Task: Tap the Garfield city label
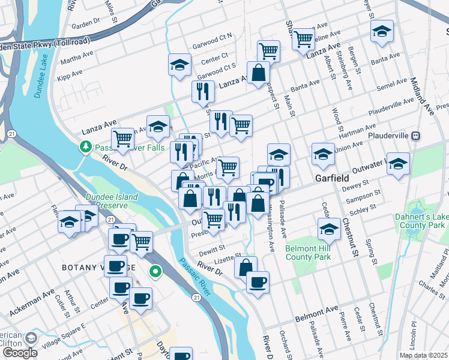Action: pos(333,178)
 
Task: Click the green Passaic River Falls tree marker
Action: pos(86,146)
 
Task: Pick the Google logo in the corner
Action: pos(20,352)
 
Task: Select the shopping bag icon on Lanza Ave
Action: pos(258,73)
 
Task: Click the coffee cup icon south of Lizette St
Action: pos(258,282)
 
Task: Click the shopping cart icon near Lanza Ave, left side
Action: pos(122,138)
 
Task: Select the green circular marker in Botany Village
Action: pos(156,273)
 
